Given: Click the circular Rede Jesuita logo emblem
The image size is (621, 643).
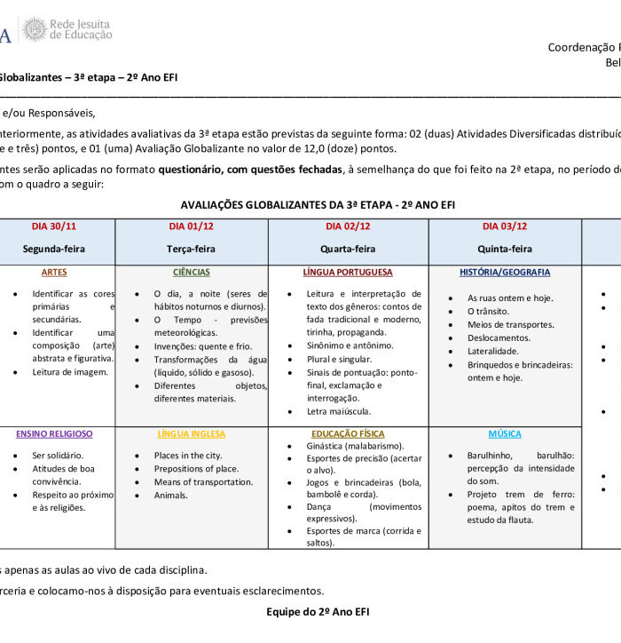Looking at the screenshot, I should coord(34,29).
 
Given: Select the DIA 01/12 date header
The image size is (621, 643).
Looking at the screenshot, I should coord(192,226).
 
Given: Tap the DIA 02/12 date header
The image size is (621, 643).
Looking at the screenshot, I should coord(348,226).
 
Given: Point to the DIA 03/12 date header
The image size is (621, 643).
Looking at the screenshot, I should coord(505,226).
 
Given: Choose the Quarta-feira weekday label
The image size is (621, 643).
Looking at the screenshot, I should coord(348,249).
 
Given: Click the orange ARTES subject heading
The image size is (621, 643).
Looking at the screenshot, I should coord(54,272).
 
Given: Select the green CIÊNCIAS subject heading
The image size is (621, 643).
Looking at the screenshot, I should coord(192,272).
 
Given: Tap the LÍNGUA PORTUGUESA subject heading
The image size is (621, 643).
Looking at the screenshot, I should coord(348,272).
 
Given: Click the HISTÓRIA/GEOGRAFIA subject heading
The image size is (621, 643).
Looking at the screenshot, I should coord(505,272).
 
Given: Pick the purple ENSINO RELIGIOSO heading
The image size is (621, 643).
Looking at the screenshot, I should coord(54,433).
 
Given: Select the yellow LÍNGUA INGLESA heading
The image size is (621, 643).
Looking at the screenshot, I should coord(192,433).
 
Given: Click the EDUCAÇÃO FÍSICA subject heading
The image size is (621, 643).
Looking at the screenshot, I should coord(348,433).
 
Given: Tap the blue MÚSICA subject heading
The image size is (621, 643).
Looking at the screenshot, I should coord(505,433).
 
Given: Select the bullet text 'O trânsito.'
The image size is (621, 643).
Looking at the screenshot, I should coord(488,312).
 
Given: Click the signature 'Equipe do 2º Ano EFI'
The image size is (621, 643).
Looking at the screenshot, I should coord(318,611).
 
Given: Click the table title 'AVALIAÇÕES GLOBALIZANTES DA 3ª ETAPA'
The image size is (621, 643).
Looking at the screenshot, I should coord(317,204).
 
